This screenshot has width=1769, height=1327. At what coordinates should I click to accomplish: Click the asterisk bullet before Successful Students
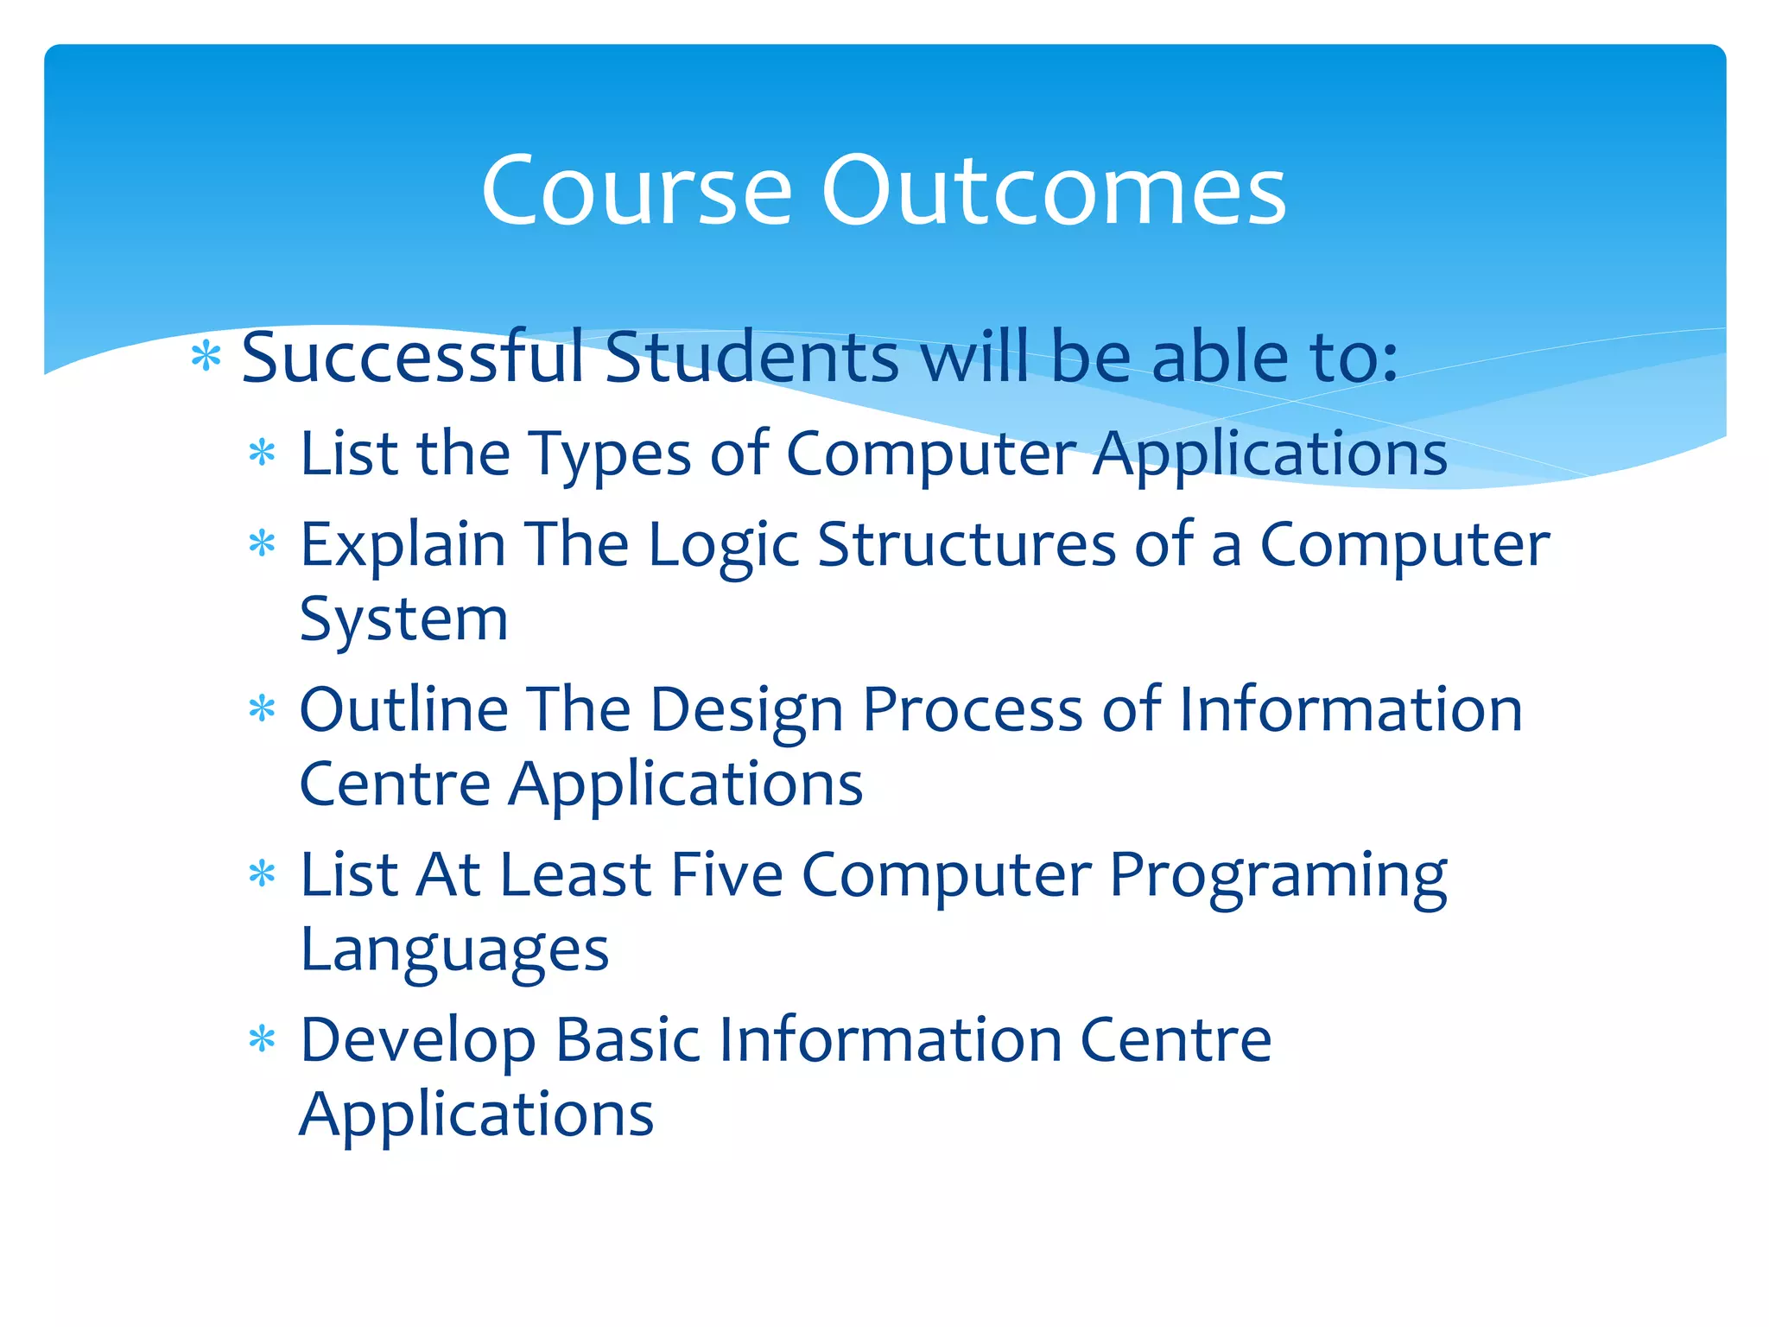[x=206, y=356]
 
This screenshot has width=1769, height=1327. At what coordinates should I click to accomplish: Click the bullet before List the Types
[x=262, y=453]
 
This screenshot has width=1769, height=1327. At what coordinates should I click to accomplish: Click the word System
[x=403, y=620]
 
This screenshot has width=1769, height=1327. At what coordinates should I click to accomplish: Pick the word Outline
[x=403, y=709]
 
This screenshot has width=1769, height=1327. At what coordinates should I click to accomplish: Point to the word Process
[x=973, y=709]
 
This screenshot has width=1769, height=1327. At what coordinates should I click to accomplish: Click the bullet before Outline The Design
[x=262, y=709]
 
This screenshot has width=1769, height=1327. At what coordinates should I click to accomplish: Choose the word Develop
[x=417, y=1042]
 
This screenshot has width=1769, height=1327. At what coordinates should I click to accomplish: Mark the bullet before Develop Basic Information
[x=262, y=1039]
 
